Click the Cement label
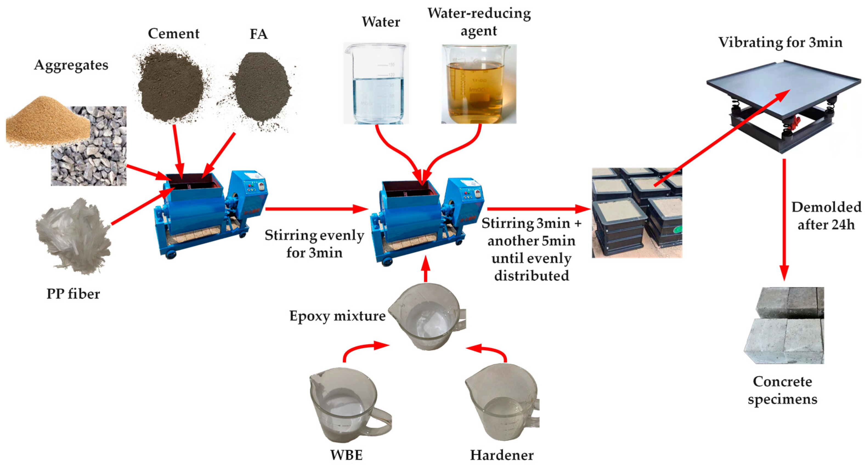[174, 33]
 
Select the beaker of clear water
[376, 84]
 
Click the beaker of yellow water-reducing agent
[479, 84]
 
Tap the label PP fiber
[73, 294]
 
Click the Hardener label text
[502, 455]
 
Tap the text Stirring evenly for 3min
[314, 244]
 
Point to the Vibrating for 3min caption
[780, 43]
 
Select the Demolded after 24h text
[826, 216]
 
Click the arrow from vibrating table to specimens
[784, 218]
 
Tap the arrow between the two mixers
[316, 209]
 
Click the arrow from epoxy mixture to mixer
[426, 269]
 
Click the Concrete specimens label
[782, 390]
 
